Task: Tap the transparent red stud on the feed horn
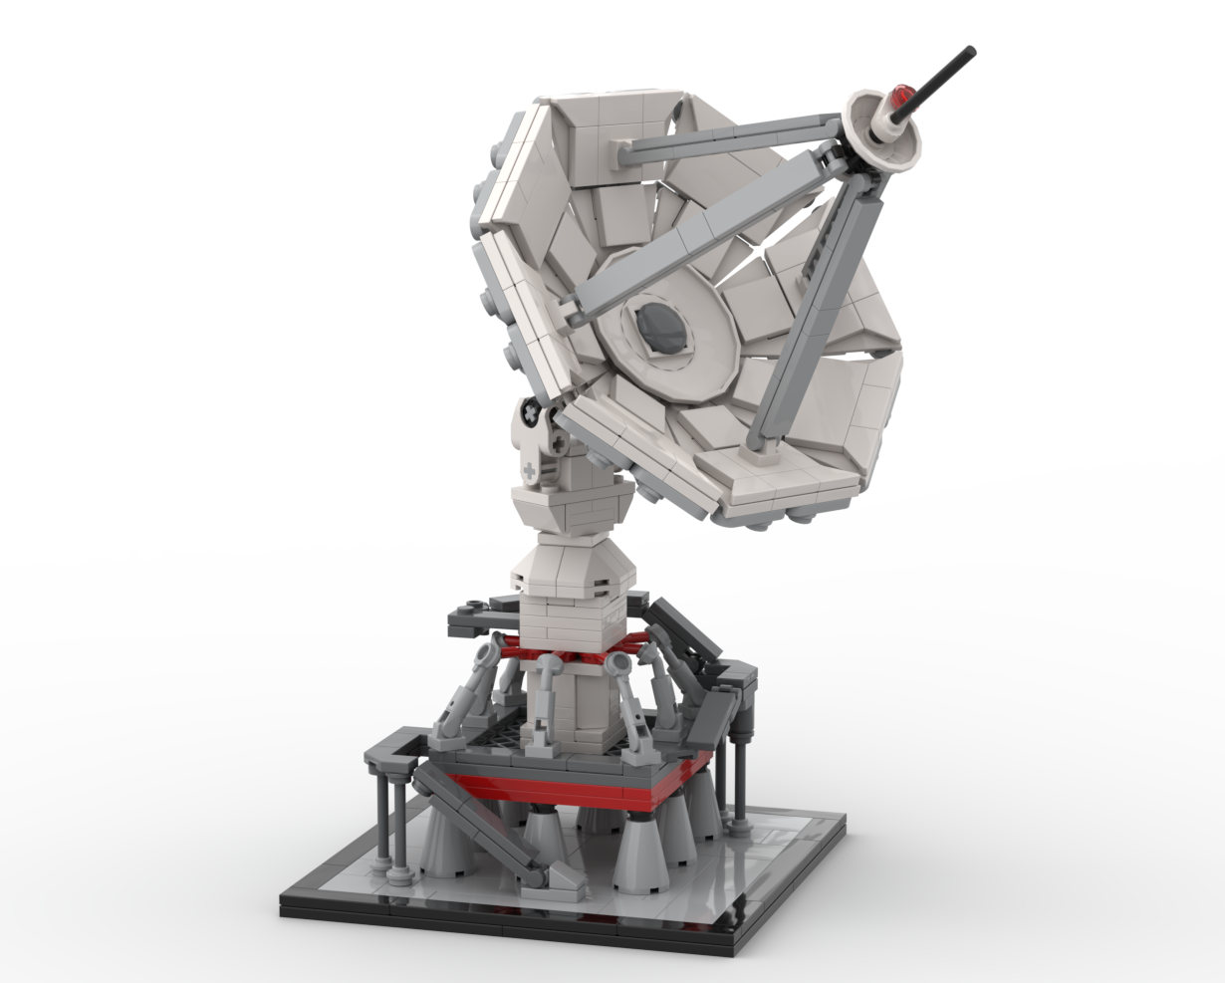point(903,98)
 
